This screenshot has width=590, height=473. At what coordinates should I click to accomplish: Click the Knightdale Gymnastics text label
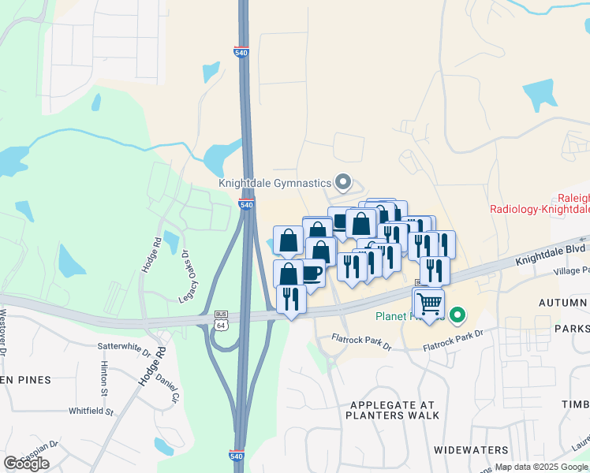coord(275,183)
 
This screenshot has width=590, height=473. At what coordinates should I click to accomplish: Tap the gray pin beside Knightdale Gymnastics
coord(342,183)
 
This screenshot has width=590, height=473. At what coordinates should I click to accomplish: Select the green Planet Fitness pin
coord(456,317)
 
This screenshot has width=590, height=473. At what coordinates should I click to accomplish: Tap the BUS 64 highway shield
coord(222,321)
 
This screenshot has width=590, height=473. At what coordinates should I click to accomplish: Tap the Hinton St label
coord(103,378)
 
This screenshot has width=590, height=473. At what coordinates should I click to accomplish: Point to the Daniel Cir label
coord(164,383)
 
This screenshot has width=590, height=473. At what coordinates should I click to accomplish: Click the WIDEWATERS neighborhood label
coord(471,450)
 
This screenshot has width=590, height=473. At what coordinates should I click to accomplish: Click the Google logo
coord(26,464)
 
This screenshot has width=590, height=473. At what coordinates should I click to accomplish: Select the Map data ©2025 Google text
coord(541,467)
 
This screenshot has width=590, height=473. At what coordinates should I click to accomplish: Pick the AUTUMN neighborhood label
coord(563,303)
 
